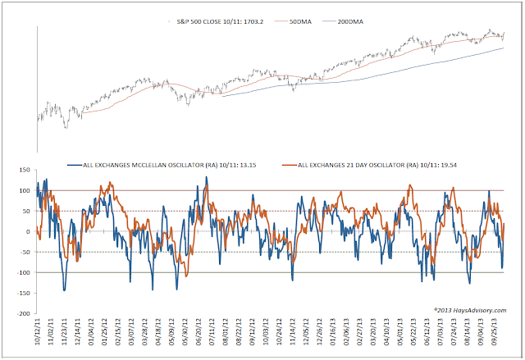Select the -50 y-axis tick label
pyautogui.click(x=27, y=252)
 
